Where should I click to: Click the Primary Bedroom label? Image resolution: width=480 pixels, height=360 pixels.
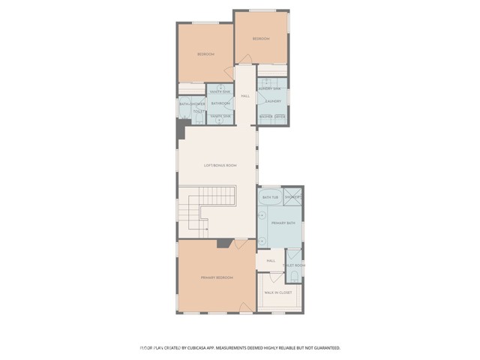coord(217,277)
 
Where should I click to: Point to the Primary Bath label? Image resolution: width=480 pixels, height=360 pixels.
coord(283,223)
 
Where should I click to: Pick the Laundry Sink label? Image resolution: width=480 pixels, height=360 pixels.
coord(270,88)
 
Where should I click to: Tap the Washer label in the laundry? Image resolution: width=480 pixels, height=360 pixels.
coord(265,116)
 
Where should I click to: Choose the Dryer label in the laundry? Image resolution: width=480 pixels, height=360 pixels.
coord(280,116)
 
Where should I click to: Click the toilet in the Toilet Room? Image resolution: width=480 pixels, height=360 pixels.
coord(294,277)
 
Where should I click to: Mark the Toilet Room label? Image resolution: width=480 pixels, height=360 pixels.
coord(293,265)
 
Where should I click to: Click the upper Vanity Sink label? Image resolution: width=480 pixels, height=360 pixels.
coord(220,91)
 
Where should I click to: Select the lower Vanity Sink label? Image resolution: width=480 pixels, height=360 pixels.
coord(220,116)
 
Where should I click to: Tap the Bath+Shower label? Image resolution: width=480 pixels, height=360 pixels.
coord(192,103)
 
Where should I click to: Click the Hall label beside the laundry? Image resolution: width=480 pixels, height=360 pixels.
coord(245,96)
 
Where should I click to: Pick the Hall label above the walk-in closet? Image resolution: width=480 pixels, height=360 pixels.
coord(271,260)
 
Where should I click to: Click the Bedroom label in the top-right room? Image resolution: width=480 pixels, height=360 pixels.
coord(260,38)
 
